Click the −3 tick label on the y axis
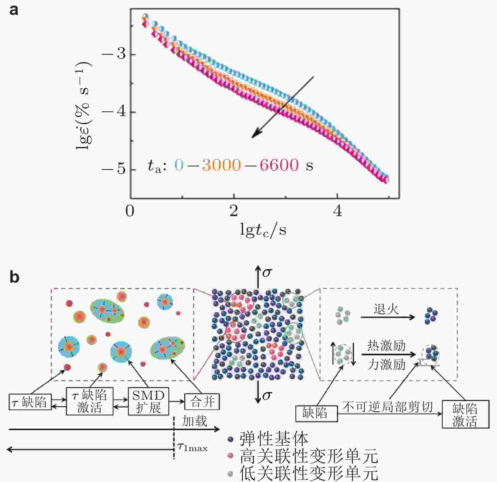[114, 54]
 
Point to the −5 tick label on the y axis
[114, 169]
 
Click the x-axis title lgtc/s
[263, 230]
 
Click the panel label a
[14, 10]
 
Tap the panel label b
[14, 277]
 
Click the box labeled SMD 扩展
[148, 402]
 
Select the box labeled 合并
[202, 402]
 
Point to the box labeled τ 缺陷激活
[90, 402]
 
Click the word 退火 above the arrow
[386, 309]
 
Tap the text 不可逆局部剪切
[388, 407]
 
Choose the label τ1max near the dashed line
[192, 447]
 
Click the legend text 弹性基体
[274, 438]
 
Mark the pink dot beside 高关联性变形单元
[231, 456]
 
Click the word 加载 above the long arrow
[194, 421]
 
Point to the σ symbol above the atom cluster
[267, 272]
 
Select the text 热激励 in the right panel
[386, 346]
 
